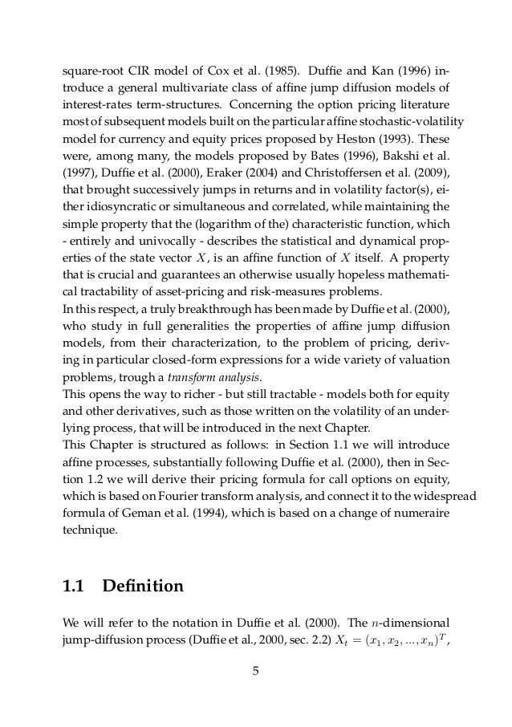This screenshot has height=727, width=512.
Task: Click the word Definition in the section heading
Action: coord(143,587)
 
